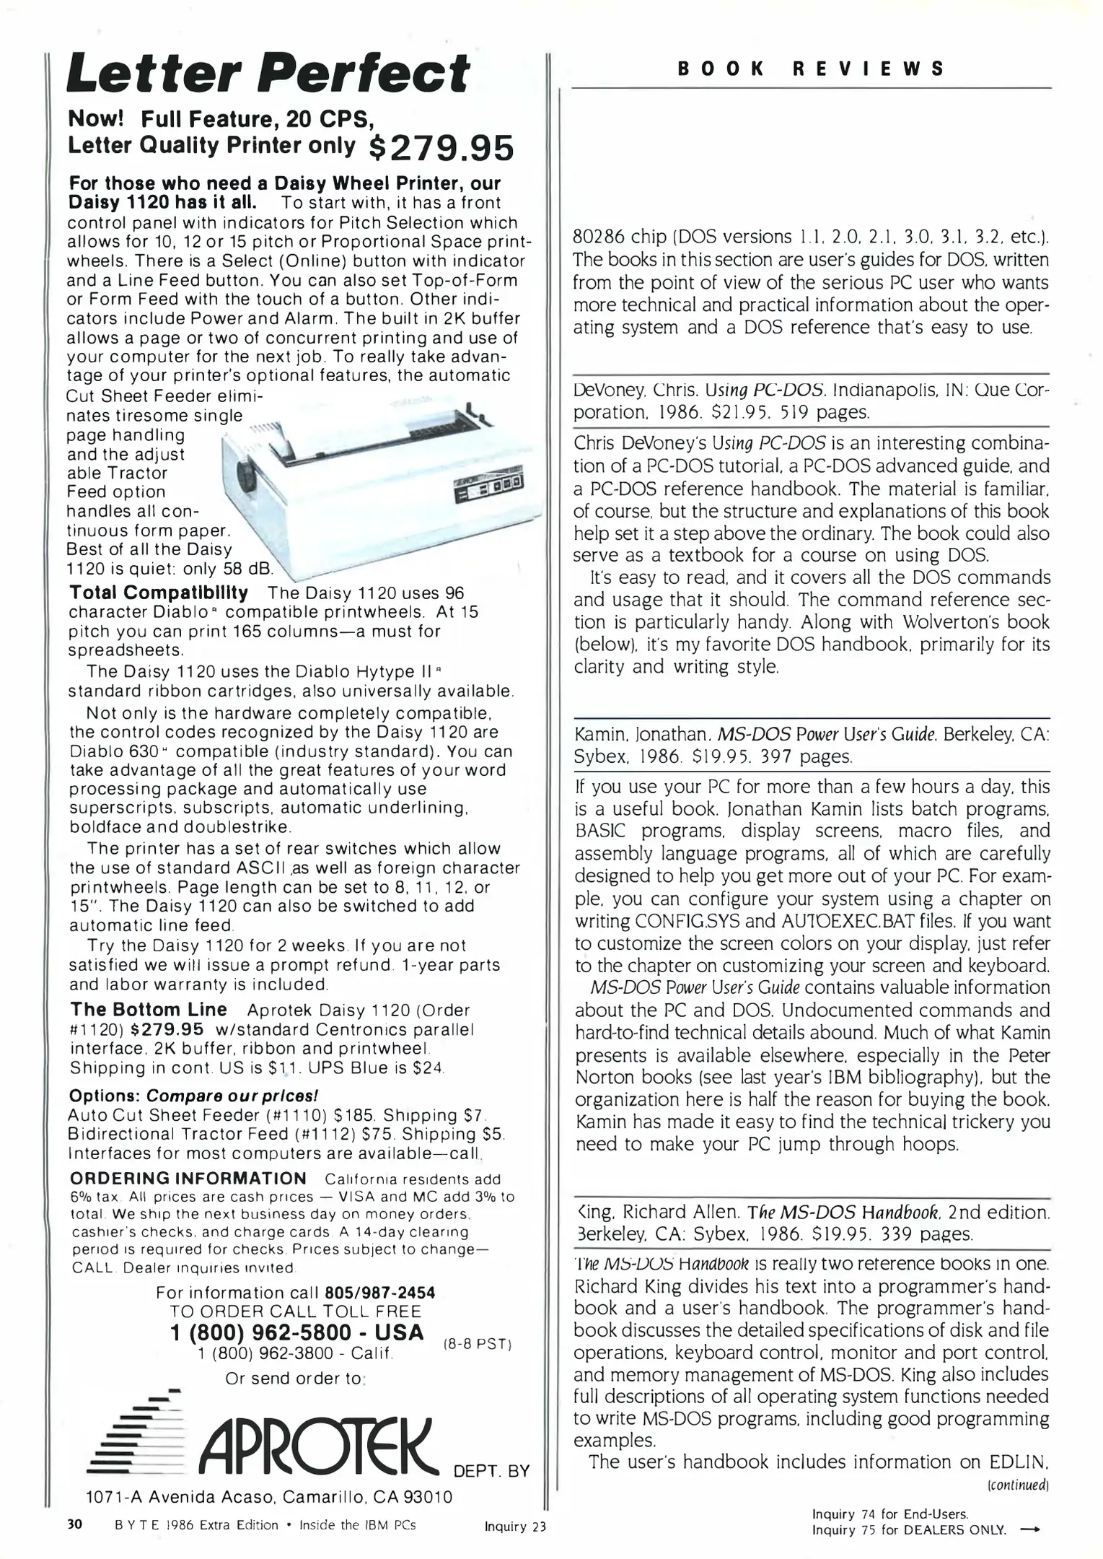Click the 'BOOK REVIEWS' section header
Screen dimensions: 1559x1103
pyautogui.click(x=811, y=69)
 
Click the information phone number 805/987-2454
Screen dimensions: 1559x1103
pyautogui.click(x=380, y=1292)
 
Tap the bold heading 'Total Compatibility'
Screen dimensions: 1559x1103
pyautogui.click(x=159, y=593)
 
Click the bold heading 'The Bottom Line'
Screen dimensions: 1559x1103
pyautogui.click(x=149, y=1010)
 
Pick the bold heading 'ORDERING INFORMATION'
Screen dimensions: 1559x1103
pyautogui.click(x=188, y=1179)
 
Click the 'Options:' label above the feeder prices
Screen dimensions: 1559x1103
pyautogui.click(x=104, y=1096)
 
